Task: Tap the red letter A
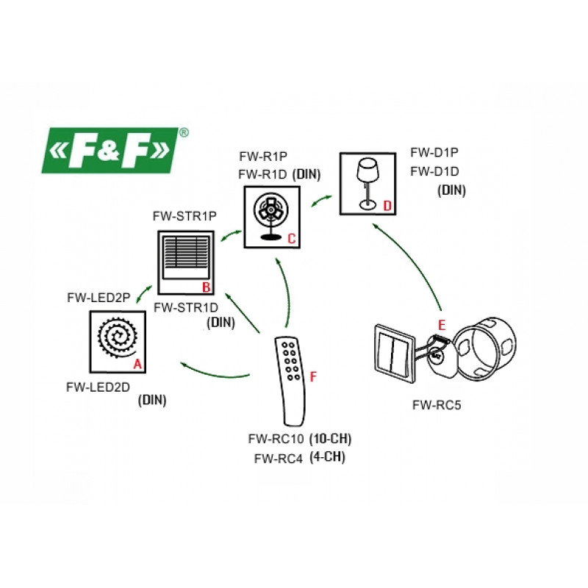136,364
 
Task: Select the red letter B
207,287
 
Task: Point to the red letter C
291,239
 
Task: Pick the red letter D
387,205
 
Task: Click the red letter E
441,323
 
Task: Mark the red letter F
314,376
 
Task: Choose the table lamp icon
367,184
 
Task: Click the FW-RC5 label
437,404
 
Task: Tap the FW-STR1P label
184,216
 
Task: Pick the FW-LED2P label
98,298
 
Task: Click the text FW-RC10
276,440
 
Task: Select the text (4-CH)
328,457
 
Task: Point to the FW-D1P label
434,154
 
